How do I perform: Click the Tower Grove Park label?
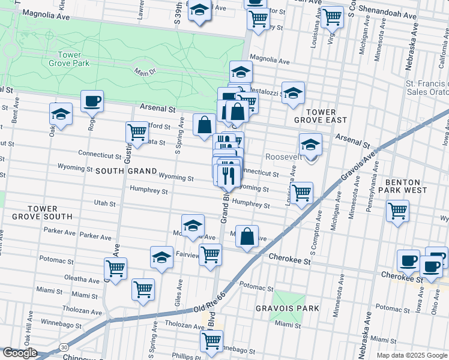pyautogui.click(x=70, y=59)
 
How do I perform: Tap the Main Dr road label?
pyautogui.click(x=145, y=72)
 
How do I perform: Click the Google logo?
pyautogui.click(x=20, y=353)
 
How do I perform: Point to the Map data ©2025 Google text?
pyautogui.click(x=412, y=355)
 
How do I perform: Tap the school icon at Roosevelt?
pyautogui.click(x=310, y=145)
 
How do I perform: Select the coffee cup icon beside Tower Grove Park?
pyautogui.click(x=92, y=101)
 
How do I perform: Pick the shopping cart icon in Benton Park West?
pyautogui.click(x=397, y=211)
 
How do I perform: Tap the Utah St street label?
pyautogui.click(x=105, y=203)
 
